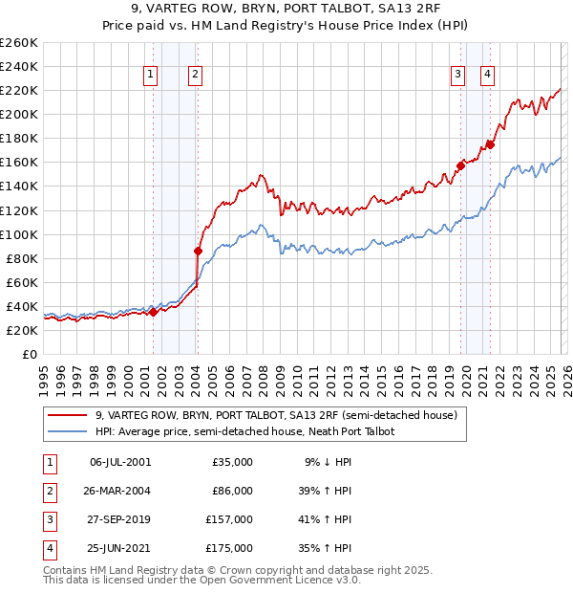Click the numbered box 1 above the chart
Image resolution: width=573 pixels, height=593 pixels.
[151, 76]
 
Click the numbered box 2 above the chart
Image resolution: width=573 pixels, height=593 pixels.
[195, 76]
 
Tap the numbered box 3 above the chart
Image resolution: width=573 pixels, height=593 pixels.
[458, 76]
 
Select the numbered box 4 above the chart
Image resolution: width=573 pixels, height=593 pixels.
[487, 76]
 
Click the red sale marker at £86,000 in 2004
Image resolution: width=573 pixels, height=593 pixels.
[198, 251]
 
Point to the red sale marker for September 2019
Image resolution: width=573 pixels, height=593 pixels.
[460, 165]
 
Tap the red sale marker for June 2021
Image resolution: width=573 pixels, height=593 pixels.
[490, 144]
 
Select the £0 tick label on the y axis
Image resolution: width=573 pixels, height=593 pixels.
[29, 354]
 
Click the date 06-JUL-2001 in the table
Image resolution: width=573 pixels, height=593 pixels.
[120, 462]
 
